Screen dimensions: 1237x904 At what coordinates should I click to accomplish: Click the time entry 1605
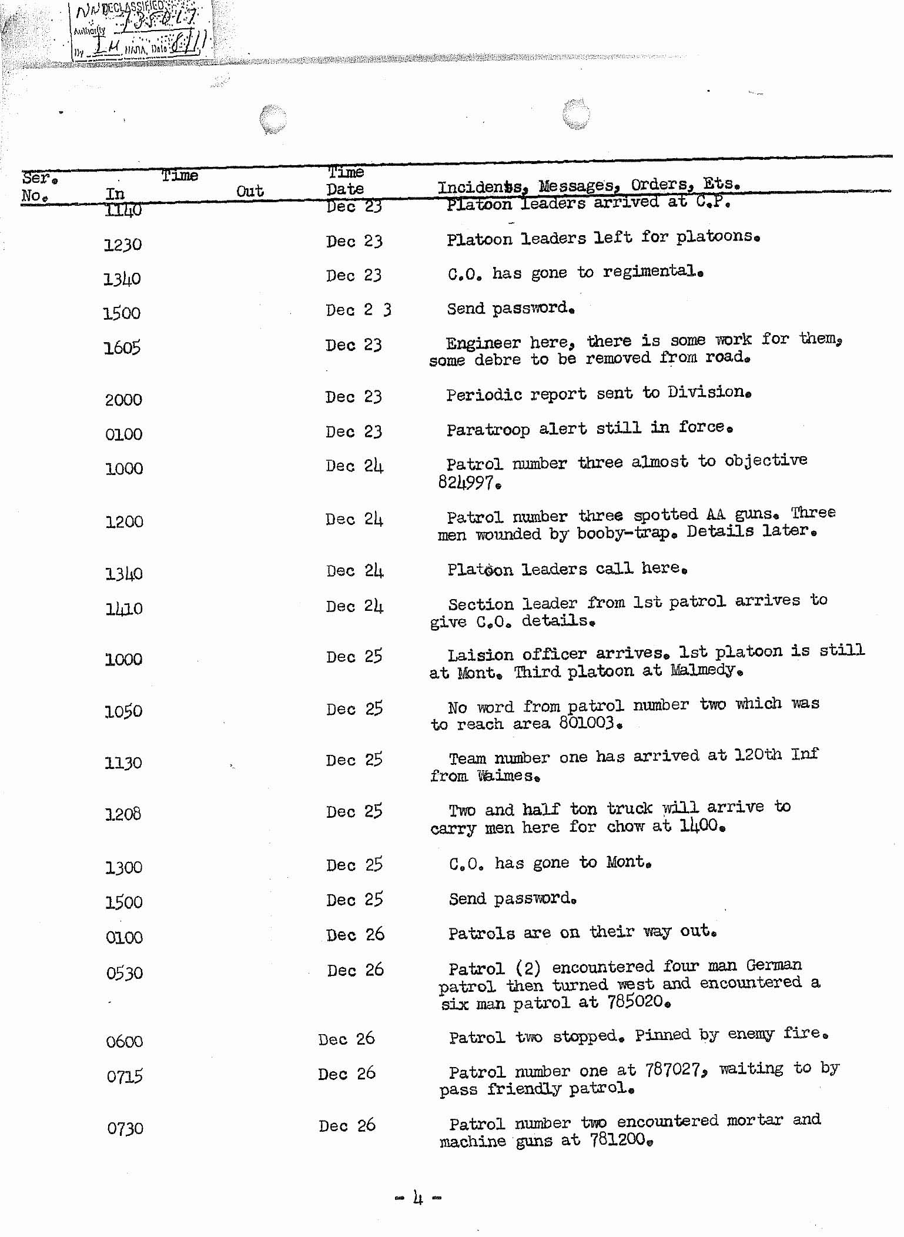[x=122, y=348]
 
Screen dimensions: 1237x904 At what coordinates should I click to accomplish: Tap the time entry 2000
[x=123, y=400]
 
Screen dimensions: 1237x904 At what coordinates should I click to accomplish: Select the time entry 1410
[x=123, y=609]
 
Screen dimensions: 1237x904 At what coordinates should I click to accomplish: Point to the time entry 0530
[x=124, y=974]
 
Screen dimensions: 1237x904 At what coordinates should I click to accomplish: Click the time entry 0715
[x=125, y=1077]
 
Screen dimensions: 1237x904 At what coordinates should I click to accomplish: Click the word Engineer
[x=483, y=343]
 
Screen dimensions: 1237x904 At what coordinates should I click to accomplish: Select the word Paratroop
[x=488, y=430]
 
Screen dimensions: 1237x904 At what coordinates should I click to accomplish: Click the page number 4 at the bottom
[x=418, y=1197]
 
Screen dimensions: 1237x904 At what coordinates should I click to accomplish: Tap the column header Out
[x=250, y=191]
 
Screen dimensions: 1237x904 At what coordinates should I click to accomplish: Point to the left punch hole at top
[x=273, y=118]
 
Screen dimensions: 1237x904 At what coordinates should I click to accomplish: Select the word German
[x=774, y=965]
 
